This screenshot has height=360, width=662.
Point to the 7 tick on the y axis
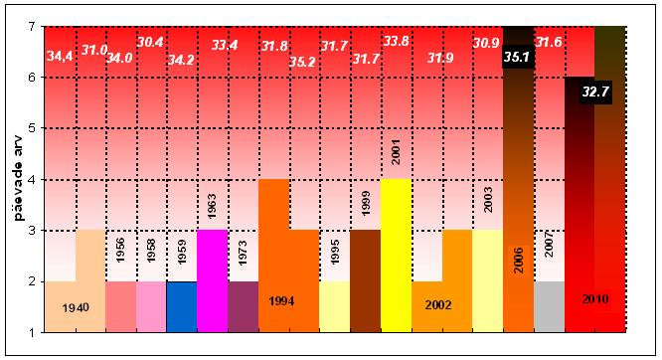pos(32,26)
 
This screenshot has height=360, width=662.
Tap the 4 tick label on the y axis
pos(32,180)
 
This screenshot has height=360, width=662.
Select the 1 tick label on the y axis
pos(32,332)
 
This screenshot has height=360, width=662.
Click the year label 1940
pos(76,307)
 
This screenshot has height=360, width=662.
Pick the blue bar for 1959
pos(182,306)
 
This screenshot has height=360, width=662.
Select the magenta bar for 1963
pos(213,281)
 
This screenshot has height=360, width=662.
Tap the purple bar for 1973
pos(244,306)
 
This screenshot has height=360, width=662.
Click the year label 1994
pos(281,301)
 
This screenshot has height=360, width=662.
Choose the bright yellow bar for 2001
pos(396,256)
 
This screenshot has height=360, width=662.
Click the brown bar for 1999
pos(365,281)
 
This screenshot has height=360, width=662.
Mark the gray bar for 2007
pos(550,306)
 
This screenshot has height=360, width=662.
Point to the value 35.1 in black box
pos(518,57)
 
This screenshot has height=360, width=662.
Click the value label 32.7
pos(595,90)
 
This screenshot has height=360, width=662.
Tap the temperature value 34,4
pos(60,56)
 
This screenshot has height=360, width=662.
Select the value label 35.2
pos(302,62)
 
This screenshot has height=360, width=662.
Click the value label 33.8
pos(396,42)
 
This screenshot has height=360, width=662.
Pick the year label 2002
pos(438,304)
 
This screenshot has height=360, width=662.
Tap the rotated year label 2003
pos(488,200)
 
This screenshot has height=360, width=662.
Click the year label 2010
pos(595,299)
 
